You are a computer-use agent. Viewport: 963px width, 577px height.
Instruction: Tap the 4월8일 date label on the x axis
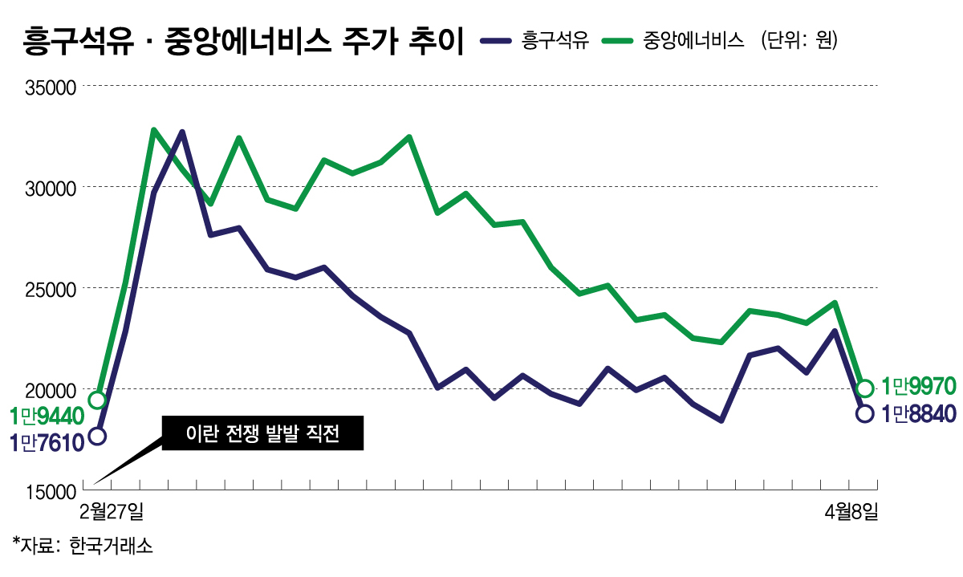tap(851, 510)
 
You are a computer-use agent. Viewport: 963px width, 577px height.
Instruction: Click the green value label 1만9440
tap(47, 416)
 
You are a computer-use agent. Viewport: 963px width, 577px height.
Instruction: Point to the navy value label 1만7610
tap(47, 441)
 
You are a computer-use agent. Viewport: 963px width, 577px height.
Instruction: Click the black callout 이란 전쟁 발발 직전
tap(262, 434)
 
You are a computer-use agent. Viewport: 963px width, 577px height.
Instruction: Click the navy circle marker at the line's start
tap(97, 437)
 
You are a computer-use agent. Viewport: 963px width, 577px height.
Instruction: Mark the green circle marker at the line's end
tap(864, 388)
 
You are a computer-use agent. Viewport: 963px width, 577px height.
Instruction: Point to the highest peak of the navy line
tap(182, 132)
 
